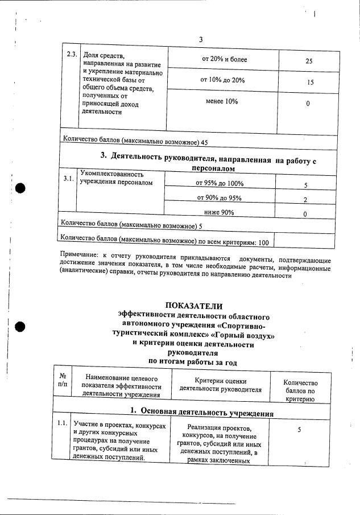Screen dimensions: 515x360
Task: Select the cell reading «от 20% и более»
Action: point(225,59)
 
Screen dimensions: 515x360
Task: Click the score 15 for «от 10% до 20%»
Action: point(310,83)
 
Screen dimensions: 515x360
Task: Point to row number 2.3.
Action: point(71,55)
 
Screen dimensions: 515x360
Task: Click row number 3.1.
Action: point(68,179)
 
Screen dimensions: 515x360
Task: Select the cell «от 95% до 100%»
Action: point(220,184)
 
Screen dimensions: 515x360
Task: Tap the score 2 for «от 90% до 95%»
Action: point(305,200)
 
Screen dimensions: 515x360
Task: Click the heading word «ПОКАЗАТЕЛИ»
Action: point(193,306)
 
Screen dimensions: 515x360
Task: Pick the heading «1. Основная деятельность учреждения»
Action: point(201,412)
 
